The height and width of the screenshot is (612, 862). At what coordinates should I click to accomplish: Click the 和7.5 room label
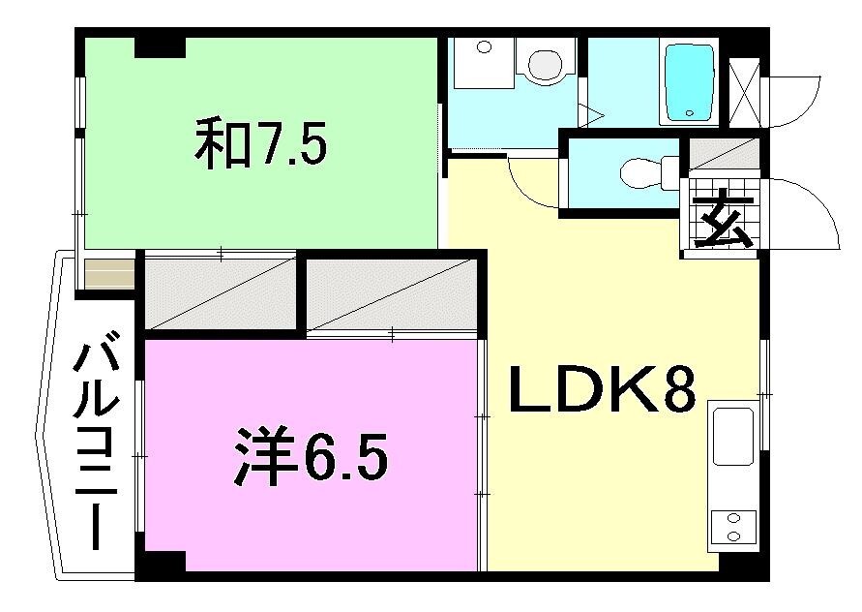tap(261, 144)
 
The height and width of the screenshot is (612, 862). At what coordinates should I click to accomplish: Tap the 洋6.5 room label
tap(311, 458)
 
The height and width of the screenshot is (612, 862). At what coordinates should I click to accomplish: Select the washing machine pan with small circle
tap(483, 62)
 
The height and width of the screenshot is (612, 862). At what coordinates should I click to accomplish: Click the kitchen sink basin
tap(732, 435)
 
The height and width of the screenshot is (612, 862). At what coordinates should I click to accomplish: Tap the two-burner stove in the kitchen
tap(732, 526)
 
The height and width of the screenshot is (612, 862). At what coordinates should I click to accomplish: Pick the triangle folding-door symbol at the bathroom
tap(592, 115)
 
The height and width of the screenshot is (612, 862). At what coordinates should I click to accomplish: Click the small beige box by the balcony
tap(108, 273)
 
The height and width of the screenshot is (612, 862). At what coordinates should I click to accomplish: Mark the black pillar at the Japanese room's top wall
tap(160, 45)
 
